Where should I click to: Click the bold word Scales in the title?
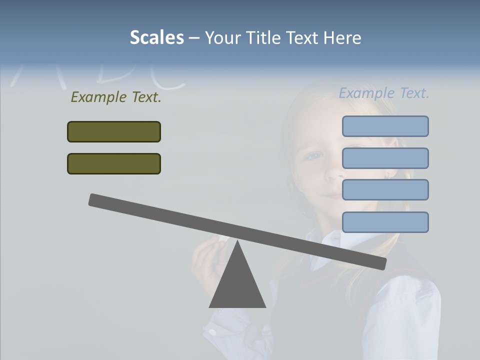[x=156, y=37]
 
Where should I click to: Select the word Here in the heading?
[x=341, y=37]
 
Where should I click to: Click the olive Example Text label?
[x=116, y=97]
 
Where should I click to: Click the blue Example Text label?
[x=384, y=93]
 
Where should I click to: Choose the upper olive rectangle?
[x=114, y=131]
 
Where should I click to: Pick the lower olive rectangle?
[x=114, y=163]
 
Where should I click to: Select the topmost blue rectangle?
[x=385, y=126]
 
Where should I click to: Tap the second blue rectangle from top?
[x=385, y=158]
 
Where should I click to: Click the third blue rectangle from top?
[x=385, y=189]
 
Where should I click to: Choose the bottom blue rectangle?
[x=385, y=222]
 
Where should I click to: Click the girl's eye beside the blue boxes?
[x=314, y=155]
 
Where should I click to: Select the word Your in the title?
[x=223, y=37]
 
